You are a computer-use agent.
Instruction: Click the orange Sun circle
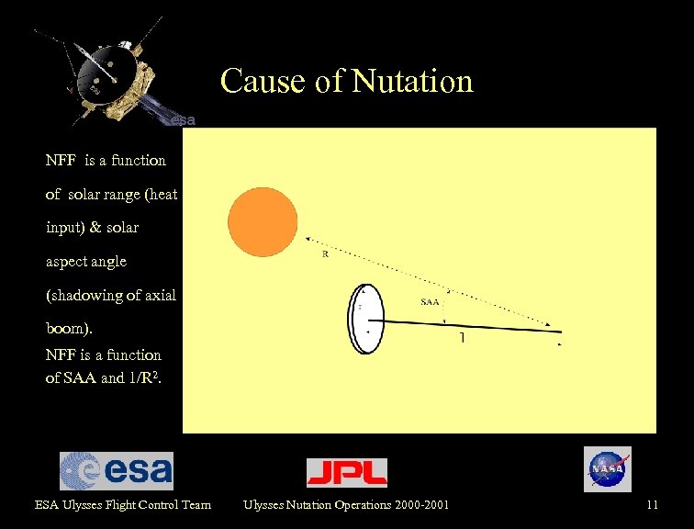coord(263,222)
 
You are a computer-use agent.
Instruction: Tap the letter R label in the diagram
coord(325,254)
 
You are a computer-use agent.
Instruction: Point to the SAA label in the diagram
coord(430,301)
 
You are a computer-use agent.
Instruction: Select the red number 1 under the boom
coord(463,339)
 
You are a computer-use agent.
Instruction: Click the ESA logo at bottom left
coord(117,470)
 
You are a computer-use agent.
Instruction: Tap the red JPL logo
coord(346,472)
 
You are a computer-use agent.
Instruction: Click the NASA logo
coord(607,469)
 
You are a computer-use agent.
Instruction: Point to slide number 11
coord(652,504)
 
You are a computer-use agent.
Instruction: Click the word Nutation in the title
coord(412,82)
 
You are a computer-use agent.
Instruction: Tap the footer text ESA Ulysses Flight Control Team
coord(122,504)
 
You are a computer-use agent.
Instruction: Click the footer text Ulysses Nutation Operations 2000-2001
coord(346,504)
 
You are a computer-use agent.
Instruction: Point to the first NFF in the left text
coord(62,161)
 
